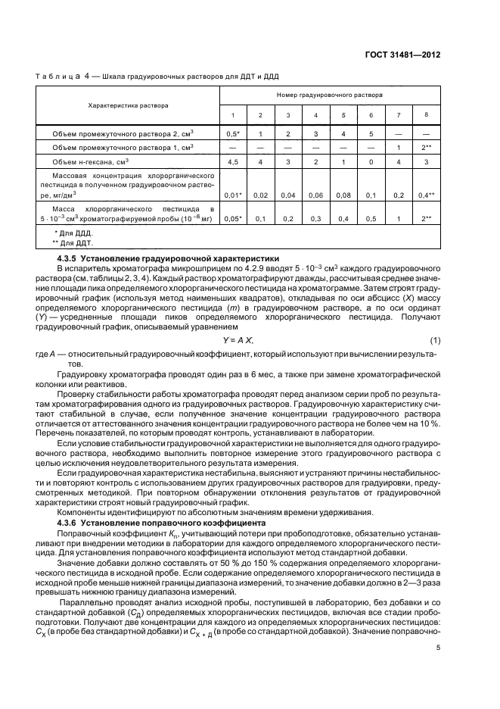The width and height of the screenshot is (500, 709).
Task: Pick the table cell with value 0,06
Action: pos(315,195)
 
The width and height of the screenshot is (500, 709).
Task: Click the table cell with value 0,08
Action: pos(343,195)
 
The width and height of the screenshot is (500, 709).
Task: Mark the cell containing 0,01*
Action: pos(233,195)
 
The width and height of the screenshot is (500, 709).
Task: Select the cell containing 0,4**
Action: pos(427,195)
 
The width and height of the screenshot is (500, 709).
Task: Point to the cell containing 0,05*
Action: pos(233,218)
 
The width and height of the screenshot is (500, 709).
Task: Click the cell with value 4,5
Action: pos(233,161)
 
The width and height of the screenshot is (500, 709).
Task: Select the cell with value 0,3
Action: pos(315,218)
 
